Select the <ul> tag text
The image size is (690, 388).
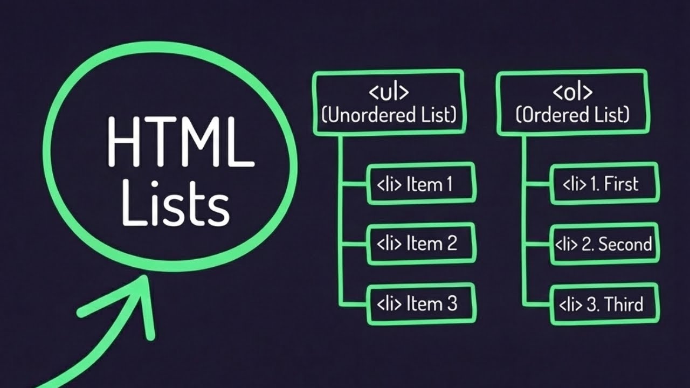pos(389,92)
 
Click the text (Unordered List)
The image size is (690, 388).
pos(389,115)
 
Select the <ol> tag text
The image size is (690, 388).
pos(572,92)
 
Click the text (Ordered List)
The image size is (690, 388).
pos(572,115)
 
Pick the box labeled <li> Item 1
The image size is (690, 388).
pos(421,184)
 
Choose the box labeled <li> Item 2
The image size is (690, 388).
pos(421,244)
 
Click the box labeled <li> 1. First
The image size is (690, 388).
pos(604,184)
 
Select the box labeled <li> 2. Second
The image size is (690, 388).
pos(604,244)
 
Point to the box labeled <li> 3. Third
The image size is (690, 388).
pos(604,304)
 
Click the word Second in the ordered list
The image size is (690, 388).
pos(625,244)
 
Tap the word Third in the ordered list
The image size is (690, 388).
pos(624,304)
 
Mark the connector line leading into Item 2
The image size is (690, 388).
pos(353,244)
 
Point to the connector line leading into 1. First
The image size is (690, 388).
pos(536,184)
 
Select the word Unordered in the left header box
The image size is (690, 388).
pos(367,115)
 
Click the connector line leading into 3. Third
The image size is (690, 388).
pos(536,304)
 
